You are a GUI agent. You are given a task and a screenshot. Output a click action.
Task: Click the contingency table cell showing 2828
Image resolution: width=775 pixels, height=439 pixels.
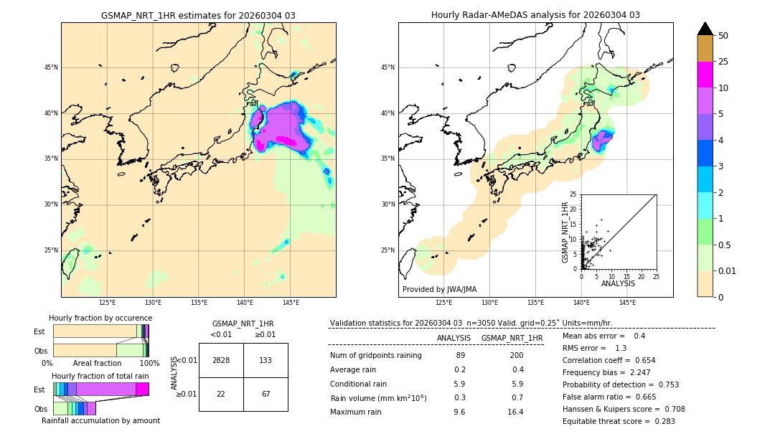(x=221, y=360)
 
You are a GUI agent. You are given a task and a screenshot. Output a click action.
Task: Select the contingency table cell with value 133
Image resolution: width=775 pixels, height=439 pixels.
(x=266, y=360)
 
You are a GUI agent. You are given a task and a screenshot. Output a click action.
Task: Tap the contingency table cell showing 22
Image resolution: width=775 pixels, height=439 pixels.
(x=221, y=394)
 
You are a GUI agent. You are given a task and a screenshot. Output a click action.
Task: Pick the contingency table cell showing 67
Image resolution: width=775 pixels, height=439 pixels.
(x=266, y=394)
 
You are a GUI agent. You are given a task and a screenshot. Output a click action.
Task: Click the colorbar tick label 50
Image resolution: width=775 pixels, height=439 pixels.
(x=723, y=36)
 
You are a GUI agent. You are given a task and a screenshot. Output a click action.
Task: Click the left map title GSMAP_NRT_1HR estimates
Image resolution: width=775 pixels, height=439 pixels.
(x=198, y=15)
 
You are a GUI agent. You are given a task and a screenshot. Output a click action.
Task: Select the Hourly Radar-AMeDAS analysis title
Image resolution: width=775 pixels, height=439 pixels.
(x=535, y=15)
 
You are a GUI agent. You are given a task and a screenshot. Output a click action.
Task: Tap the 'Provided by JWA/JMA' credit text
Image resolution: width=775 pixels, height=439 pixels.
(x=439, y=290)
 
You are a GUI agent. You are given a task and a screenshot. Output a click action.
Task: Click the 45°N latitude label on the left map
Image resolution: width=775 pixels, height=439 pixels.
(x=51, y=67)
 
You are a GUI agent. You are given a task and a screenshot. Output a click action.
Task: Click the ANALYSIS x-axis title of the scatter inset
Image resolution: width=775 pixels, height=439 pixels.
(x=617, y=283)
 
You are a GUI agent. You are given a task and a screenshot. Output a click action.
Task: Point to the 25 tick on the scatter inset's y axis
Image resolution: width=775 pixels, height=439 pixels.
(x=573, y=194)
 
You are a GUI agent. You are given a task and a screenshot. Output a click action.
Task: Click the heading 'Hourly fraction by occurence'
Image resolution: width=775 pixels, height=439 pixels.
(x=100, y=318)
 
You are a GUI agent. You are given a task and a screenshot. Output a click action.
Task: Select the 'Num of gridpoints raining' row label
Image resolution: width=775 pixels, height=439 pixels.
(x=375, y=356)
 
